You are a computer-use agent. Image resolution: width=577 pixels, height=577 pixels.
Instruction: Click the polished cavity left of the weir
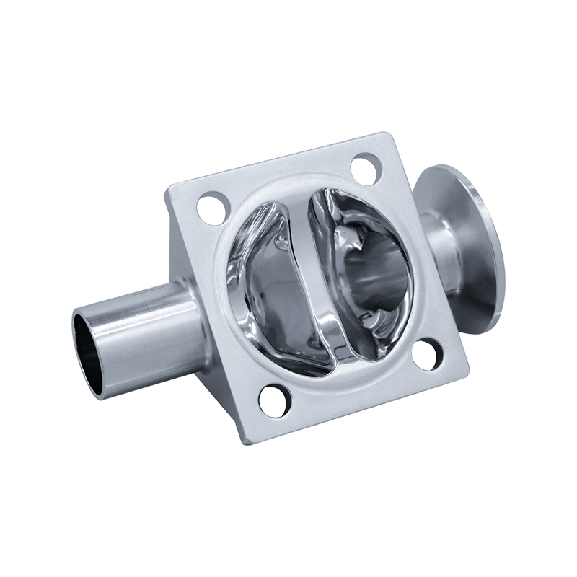[263, 281]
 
